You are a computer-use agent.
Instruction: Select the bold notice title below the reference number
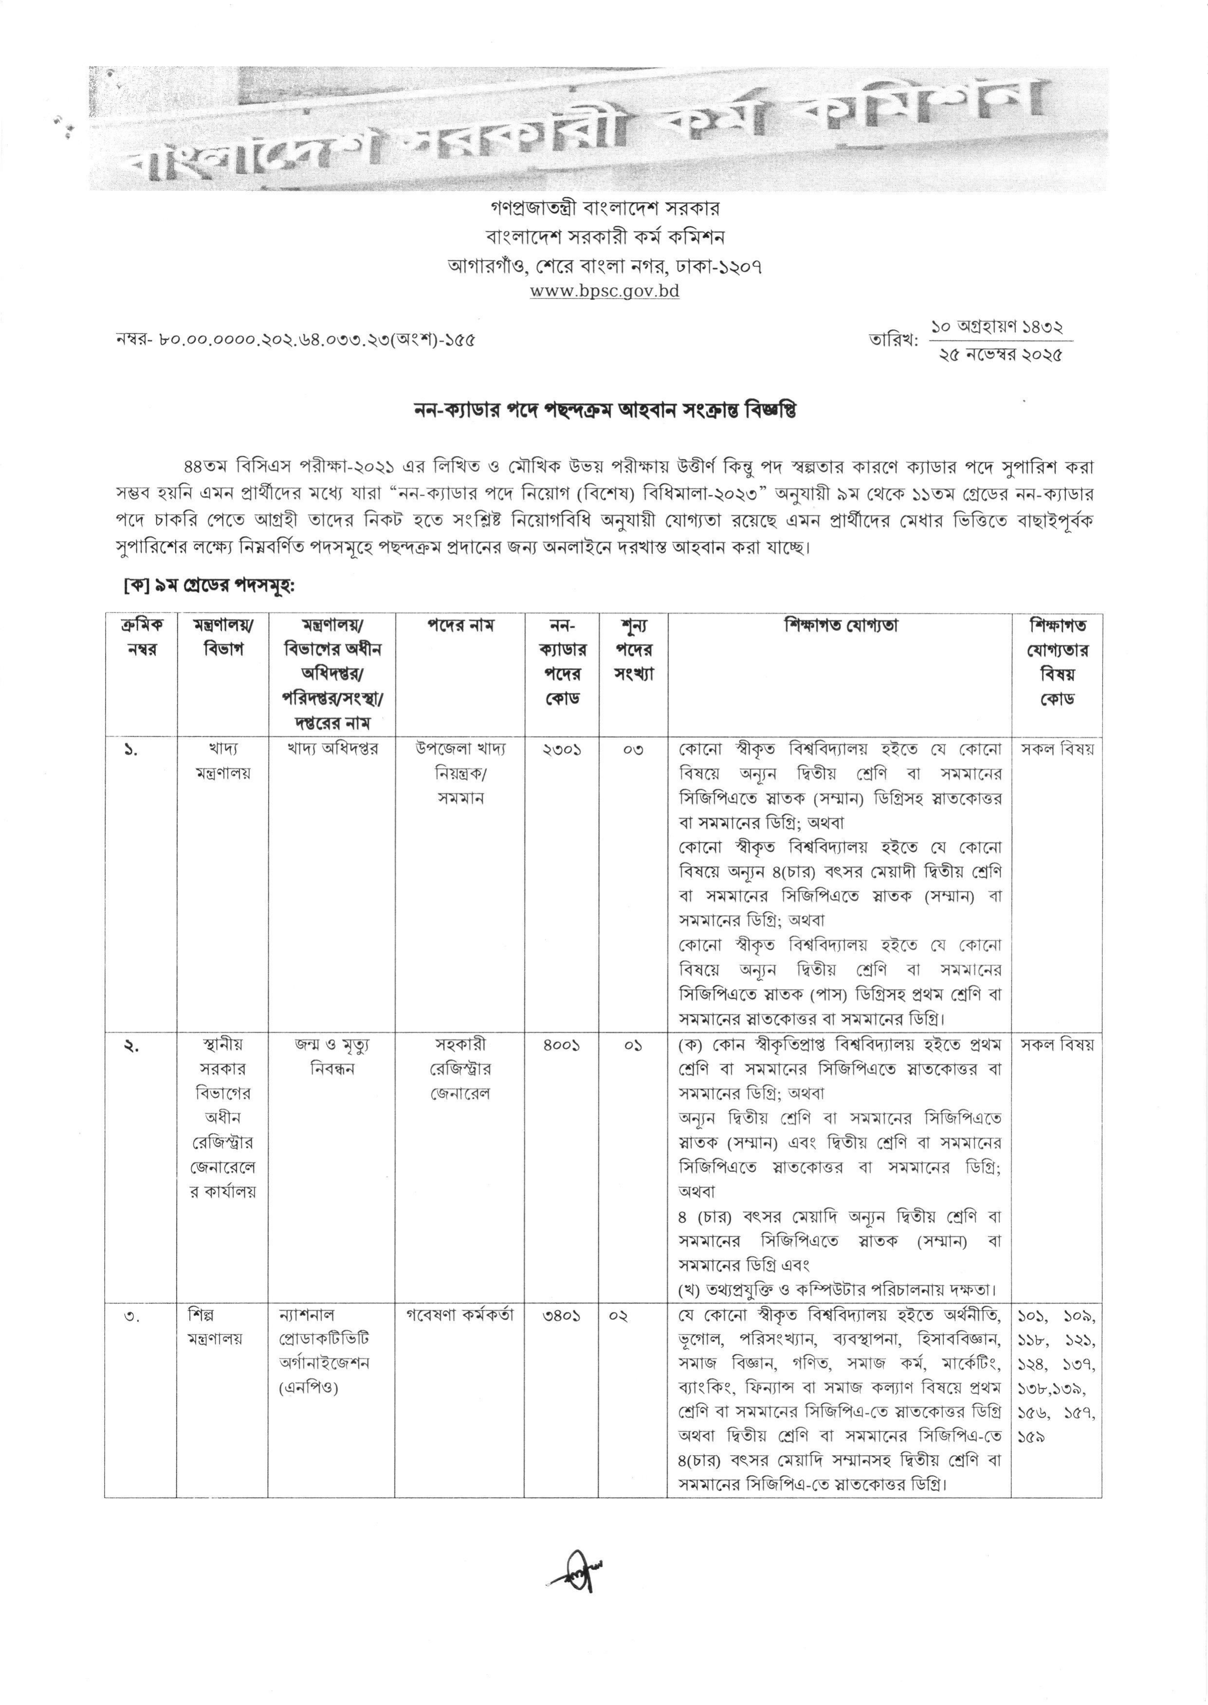(x=604, y=411)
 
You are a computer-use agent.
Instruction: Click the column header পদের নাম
(x=460, y=626)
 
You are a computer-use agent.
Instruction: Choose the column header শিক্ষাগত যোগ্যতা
(x=840, y=626)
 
